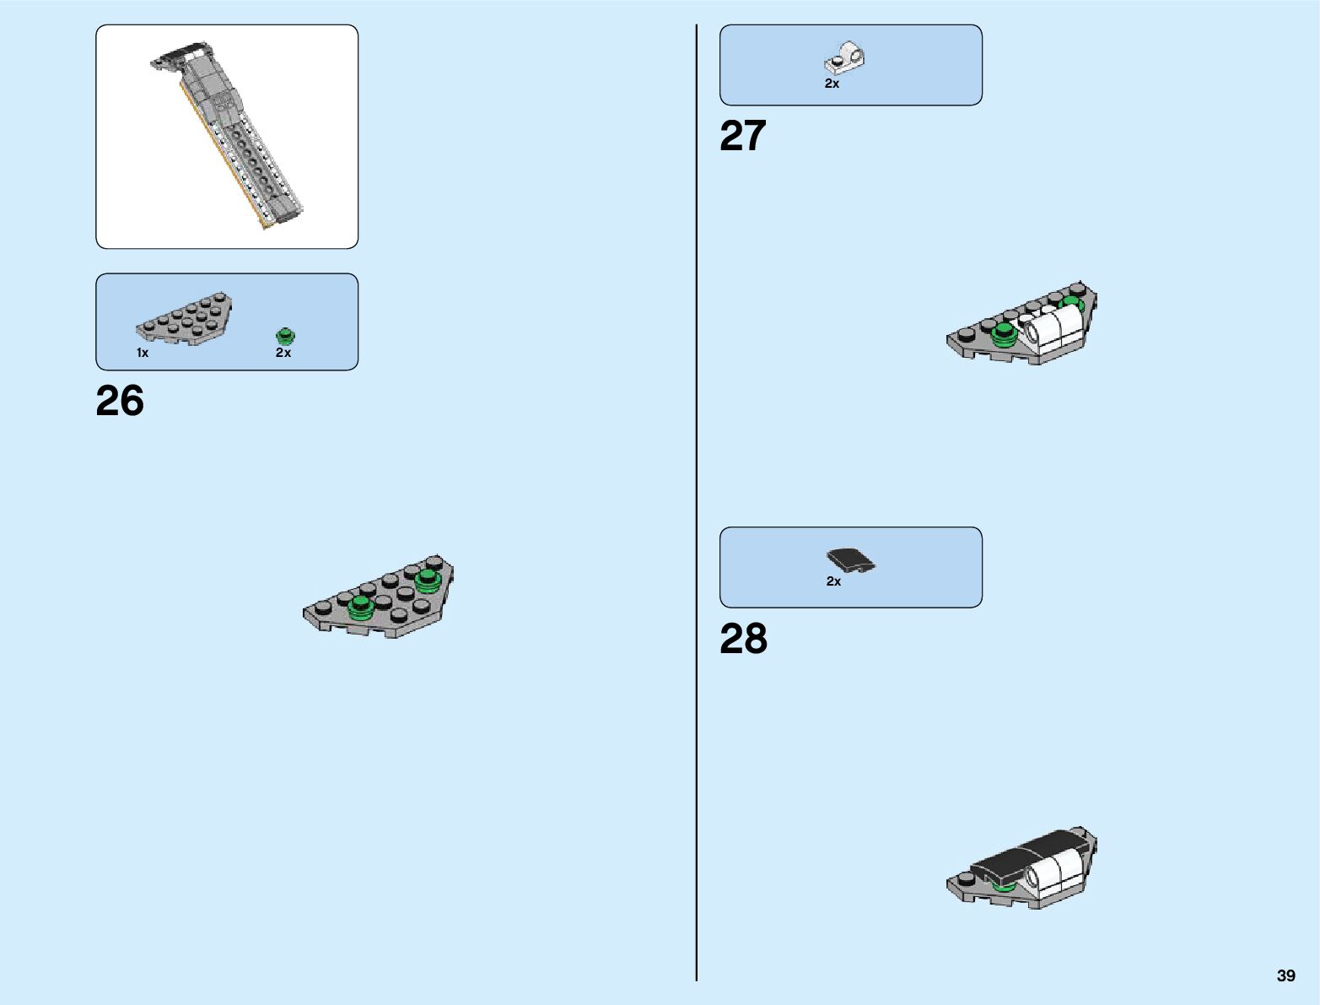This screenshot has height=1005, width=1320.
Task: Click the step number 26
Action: coord(120,401)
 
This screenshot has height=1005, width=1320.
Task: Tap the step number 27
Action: coord(743,136)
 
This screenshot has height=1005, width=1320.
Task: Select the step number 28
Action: coord(743,639)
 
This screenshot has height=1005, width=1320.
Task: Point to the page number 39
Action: coord(1285,975)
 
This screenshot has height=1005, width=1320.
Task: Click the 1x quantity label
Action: coord(143,353)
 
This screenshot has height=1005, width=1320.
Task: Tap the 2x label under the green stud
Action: coord(283,353)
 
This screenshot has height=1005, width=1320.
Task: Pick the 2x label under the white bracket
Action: coord(832,84)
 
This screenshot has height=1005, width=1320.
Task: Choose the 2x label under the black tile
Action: coord(833,581)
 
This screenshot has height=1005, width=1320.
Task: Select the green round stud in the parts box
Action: coord(285,335)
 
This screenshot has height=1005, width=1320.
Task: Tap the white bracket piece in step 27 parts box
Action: coord(844,60)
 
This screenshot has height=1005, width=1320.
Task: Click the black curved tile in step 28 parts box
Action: coord(849,559)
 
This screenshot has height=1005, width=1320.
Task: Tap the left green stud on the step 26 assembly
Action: coord(361,605)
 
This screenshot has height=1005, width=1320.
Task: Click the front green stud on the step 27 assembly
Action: coord(1004,334)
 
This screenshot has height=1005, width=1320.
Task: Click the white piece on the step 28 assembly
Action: coord(1054,872)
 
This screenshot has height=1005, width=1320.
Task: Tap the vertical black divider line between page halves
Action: coord(697,506)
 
